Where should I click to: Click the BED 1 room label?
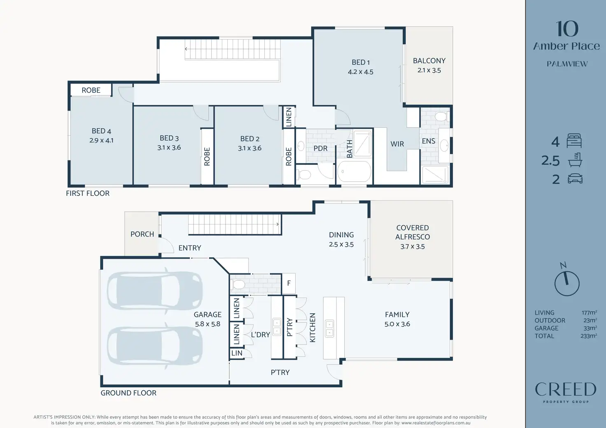(361, 62)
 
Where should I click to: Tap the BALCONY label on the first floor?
(429, 61)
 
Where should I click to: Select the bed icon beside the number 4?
(574, 141)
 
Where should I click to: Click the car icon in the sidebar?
(575, 178)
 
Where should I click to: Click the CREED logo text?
(565, 389)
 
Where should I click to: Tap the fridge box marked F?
(289, 283)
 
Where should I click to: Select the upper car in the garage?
(155, 290)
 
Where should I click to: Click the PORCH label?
(142, 234)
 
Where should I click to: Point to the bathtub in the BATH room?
(354, 171)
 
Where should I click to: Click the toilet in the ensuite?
(441, 117)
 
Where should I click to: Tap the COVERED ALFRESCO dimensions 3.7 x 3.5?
(412, 246)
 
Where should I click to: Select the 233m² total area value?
(589, 336)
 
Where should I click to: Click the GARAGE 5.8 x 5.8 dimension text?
(207, 324)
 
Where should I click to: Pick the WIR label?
(397, 144)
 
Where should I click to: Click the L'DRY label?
(260, 335)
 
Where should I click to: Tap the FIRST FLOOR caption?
(88, 194)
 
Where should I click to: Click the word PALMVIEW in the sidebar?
(567, 64)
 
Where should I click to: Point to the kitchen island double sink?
(329, 329)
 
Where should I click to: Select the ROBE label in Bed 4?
(91, 90)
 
